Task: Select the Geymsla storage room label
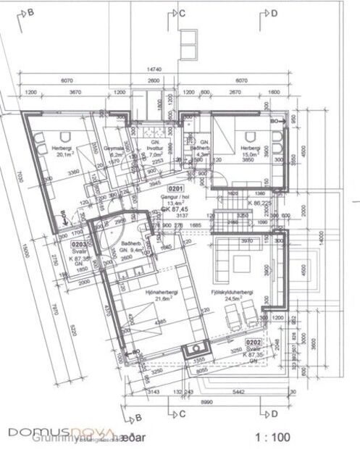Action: (x=115, y=147)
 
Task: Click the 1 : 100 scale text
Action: (x=274, y=437)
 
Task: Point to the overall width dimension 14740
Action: (x=154, y=69)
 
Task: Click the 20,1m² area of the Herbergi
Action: (x=62, y=153)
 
